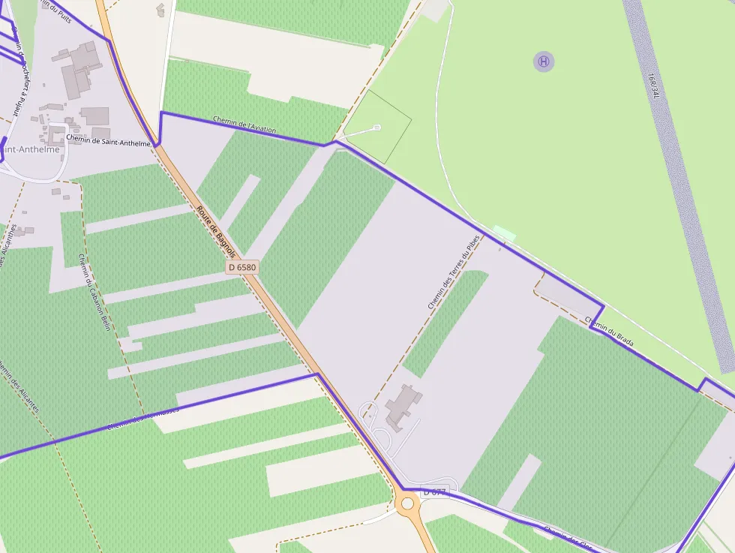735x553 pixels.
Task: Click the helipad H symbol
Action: pos(544,62)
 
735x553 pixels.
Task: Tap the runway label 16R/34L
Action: pos(654,86)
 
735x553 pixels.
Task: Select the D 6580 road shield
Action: pos(241,267)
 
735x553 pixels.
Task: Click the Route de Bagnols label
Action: pos(216,233)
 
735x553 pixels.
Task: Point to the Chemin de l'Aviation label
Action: pos(244,125)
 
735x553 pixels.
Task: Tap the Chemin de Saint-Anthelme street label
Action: pos(109,139)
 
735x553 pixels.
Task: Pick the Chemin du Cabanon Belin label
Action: pos(94,292)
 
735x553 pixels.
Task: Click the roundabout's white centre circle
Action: pos(408,503)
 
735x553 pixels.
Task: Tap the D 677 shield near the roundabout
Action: pos(433,492)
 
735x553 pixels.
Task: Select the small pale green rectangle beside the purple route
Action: pos(505,233)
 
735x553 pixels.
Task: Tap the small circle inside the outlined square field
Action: pos(377,128)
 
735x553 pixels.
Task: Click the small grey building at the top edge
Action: pos(160,9)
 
